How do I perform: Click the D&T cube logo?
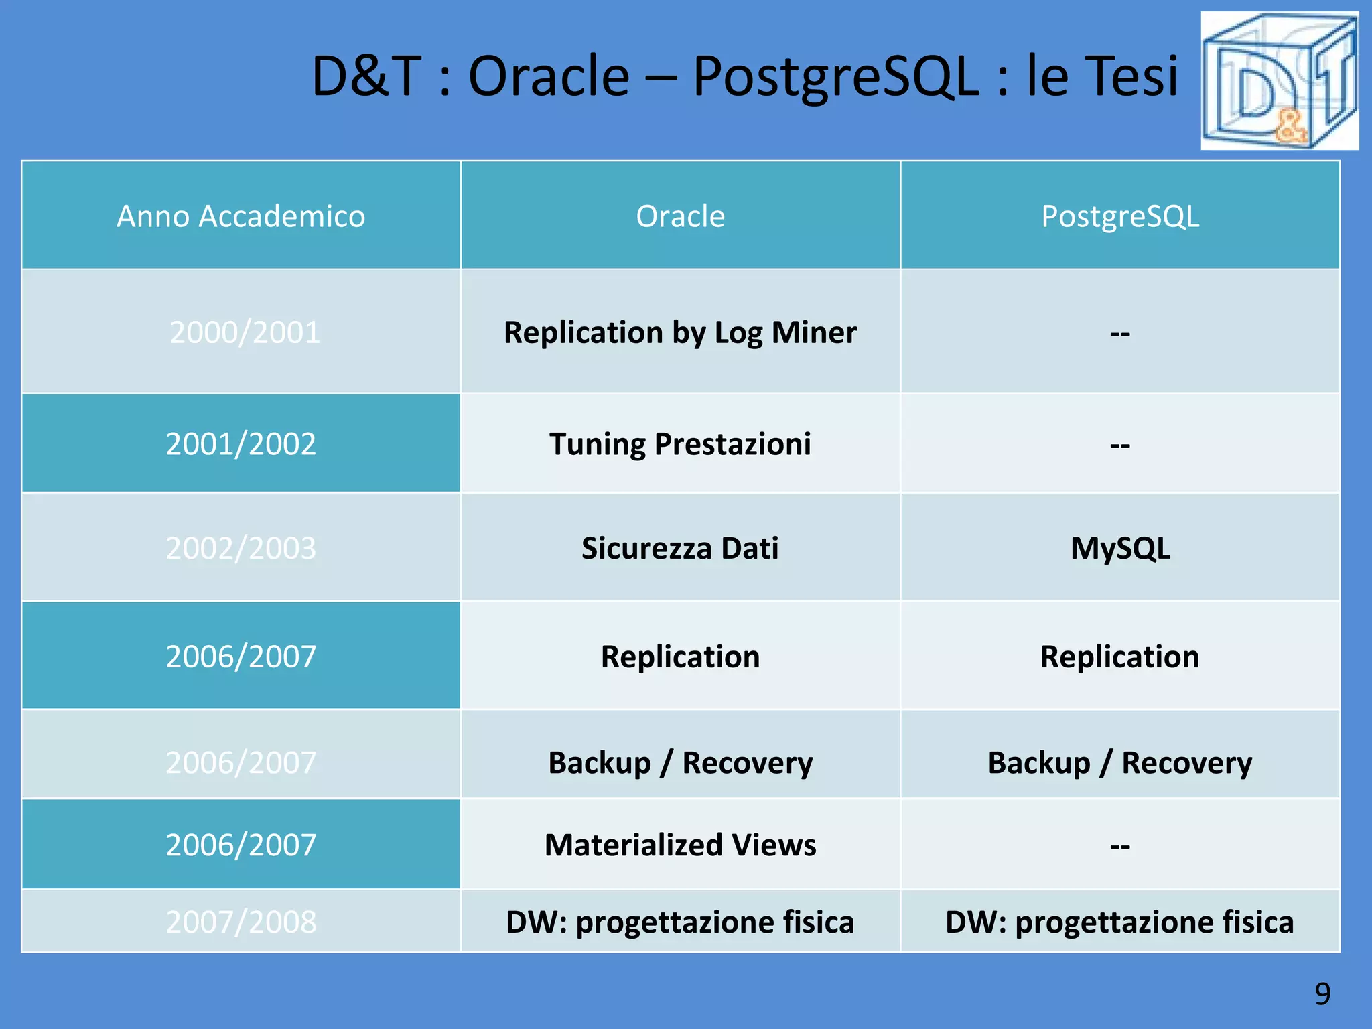(x=1279, y=80)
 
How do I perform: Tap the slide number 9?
(x=1322, y=993)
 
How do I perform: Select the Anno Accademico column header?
(x=241, y=216)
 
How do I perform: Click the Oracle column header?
(x=680, y=216)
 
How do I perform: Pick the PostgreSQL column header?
(x=1119, y=216)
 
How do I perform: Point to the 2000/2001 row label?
(x=245, y=332)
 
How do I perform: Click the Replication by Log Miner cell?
(x=680, y=332)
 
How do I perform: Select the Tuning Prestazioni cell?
(x=680, y=443)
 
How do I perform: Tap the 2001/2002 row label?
(x=241, y=443)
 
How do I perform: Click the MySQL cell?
(x=1120, y=548)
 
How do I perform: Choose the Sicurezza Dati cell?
(x=680, y=548)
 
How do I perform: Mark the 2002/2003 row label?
(x=241, y=548)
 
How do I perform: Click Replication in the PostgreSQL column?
(x=1119, y=657)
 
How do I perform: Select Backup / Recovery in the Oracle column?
(x=680, y=762)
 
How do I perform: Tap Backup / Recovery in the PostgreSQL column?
(x=1119, y=762)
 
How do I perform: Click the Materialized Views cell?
(x=680, y=845)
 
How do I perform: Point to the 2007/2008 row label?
(x=241, y=922)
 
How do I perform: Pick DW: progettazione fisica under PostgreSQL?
(x=1119, y=922)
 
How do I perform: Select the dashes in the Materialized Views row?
(x=1120, y=846)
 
